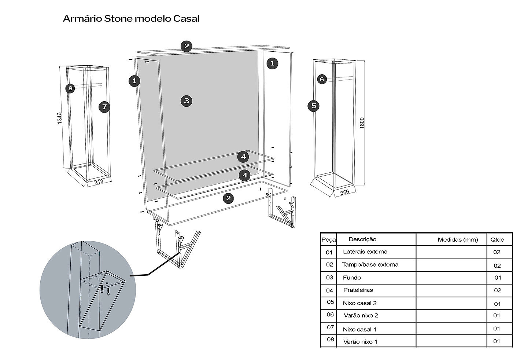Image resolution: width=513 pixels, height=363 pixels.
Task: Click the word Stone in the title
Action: (118, 19)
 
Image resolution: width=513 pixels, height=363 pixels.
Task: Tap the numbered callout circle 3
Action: (187, 101)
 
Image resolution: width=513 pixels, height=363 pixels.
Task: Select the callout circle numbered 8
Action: (70, 88)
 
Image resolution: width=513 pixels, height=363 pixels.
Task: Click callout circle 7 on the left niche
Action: (104, 107)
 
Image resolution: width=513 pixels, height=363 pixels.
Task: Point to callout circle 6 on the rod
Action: (322, 79)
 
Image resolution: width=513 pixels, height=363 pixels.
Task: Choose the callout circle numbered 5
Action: (314, 106)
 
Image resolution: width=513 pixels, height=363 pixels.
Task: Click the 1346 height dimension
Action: (59, 118)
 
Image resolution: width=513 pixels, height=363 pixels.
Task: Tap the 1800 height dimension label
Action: (362, 123)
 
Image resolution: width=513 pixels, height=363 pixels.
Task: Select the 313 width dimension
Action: (99, 182)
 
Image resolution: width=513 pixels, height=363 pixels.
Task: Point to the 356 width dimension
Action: (345, 192)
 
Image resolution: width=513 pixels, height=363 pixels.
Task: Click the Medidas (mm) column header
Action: (458, 240)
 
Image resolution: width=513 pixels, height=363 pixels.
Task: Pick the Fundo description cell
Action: (352, 278)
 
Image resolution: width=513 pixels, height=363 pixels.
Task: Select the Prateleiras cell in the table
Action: (358, 290)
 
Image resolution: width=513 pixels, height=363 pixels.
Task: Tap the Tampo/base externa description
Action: (370, 265)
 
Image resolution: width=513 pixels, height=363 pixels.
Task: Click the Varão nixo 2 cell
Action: (361, 316)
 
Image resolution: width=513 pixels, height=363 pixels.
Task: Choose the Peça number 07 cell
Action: (330, 327)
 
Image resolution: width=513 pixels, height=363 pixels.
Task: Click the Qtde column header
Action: (497, 240)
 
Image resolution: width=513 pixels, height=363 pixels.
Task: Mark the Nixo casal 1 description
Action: (359, 330)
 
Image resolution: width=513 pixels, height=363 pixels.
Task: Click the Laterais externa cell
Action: (365, 252)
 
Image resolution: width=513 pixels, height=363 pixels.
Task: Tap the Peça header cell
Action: (329, 240)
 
